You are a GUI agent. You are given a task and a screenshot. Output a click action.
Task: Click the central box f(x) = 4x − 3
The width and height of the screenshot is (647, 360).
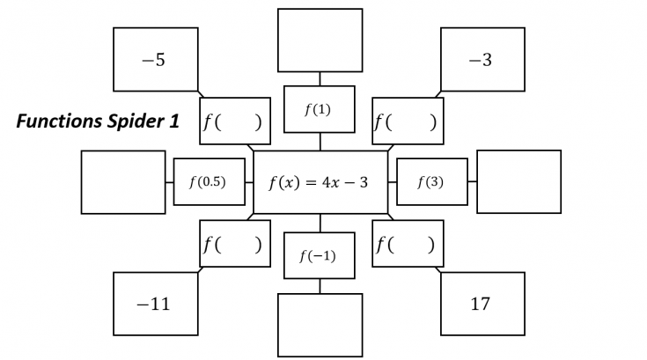[320, 182]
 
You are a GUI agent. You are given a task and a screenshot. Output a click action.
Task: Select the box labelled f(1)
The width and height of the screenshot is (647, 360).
[320, 109]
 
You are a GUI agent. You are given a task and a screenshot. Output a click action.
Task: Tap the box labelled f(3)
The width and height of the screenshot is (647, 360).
[431, 182]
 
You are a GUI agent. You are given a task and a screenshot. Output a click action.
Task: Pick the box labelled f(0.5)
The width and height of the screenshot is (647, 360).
[209, 182]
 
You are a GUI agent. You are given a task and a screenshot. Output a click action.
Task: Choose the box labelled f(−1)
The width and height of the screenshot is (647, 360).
[320, 256]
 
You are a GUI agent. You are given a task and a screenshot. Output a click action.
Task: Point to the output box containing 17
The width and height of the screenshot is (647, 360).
[482, 305]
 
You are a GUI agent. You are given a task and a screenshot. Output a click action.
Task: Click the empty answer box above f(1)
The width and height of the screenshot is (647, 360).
[320, 40]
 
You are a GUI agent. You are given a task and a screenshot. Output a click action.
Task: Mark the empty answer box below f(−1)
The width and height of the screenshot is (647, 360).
[320, 326]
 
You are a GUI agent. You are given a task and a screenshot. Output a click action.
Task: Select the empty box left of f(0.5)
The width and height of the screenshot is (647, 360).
[123, 182]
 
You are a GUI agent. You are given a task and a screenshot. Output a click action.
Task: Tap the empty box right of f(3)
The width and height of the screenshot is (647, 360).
[518, 182]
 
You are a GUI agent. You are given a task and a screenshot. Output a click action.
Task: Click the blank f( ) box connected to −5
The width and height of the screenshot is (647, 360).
[234, 121]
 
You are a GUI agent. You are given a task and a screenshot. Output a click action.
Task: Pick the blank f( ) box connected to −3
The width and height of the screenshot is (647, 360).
[408, 121]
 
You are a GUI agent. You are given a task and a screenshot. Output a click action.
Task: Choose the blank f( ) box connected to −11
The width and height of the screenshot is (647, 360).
[234, 244]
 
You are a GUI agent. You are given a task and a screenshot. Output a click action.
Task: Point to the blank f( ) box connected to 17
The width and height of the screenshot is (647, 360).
[408, 244]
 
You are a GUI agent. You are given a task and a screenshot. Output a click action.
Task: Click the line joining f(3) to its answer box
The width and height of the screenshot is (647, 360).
[471, 182]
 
